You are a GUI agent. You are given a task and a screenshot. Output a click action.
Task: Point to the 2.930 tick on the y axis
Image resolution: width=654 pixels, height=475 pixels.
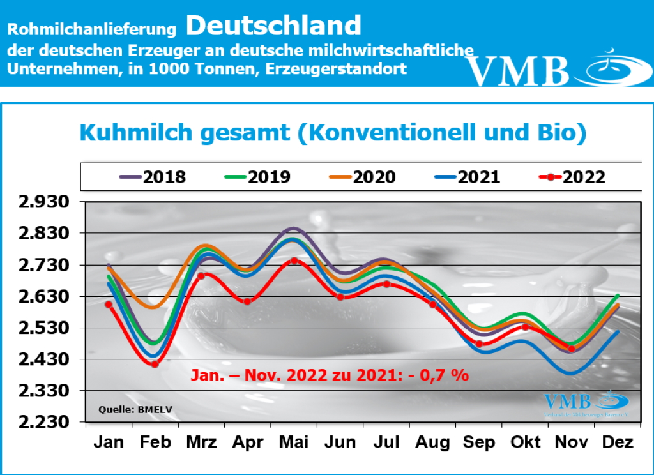(44, 202)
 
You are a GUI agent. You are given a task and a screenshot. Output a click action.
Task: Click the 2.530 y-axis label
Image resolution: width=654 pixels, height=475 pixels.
(44, 328)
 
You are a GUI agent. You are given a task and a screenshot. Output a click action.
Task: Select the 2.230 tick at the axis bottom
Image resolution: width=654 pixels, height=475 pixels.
(44, 423)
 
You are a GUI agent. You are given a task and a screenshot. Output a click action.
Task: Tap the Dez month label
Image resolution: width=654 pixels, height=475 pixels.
(618, 442)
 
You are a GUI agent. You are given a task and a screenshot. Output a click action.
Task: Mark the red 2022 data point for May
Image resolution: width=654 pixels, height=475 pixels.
(293, 260)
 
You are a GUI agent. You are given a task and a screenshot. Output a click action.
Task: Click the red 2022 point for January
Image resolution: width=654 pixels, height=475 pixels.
(109, 305)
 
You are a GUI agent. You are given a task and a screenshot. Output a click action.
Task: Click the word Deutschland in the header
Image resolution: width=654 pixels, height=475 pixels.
(274, 26)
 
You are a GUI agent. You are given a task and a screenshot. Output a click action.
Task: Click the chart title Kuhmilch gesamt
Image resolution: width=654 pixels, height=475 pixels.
(332, 132)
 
